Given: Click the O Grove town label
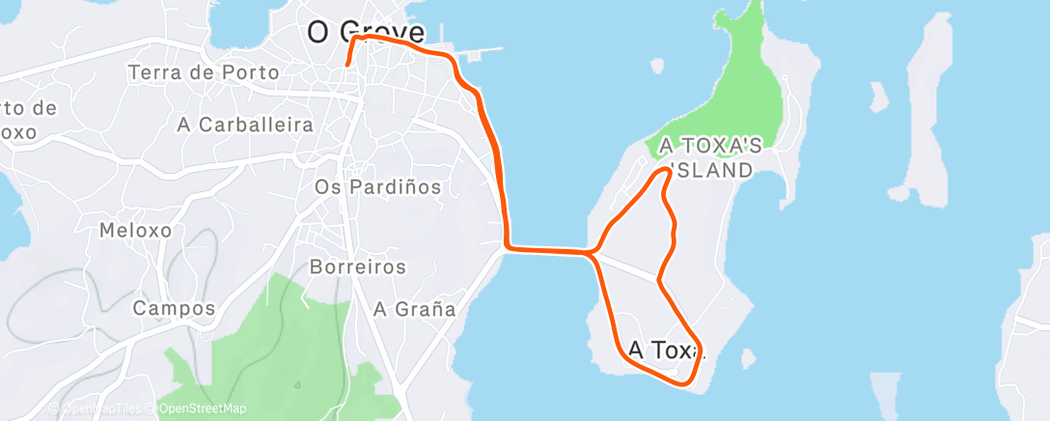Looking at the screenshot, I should [x=365, y=31].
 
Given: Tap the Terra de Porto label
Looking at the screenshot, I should [x=203, y=72].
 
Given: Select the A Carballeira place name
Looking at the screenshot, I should [x=245, y=125].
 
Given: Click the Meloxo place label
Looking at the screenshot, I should [x=135, y=231].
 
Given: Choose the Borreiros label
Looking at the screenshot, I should [x=358, y=266].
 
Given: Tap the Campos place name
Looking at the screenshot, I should [x=173, y=309].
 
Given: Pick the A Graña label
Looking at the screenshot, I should [x=414, y=309].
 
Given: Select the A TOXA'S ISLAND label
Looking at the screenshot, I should [x=711, y=157].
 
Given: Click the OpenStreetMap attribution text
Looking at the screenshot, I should [x=202, y=408].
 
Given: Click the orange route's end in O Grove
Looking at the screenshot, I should [x=347, y=64].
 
